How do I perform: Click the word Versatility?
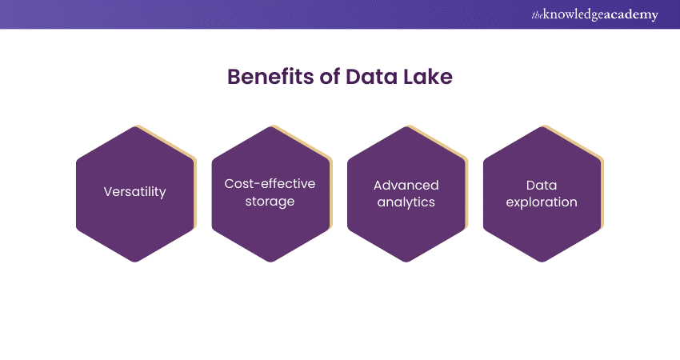click(x=135, y=192)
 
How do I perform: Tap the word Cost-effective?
click(x=270, y=184)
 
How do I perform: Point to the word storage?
click(x=270, y=202)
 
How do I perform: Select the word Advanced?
click(x=406, y=185)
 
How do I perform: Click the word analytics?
click(x=406, y=202)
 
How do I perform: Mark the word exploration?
click(x=542, y=202)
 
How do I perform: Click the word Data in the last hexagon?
click(x=542, y=185)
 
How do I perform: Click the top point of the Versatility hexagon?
click(x=135, y=127)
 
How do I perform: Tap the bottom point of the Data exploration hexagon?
click(x=542, y=262)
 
